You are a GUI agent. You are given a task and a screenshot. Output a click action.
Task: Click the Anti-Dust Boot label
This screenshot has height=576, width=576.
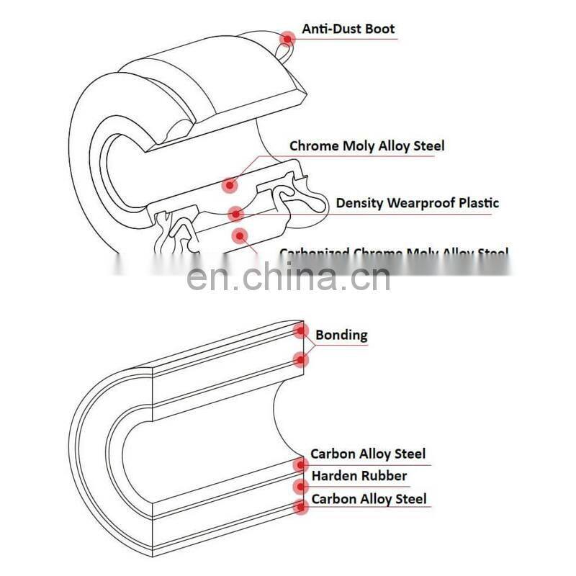pyautogui.click(x=348, y=29)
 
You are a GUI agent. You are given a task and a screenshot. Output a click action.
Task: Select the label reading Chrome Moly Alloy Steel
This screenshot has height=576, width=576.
pyautogui.click(x=367, y=146)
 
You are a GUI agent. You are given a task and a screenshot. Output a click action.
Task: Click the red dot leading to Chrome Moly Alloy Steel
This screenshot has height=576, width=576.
pyautogui.click(x=230, y=185)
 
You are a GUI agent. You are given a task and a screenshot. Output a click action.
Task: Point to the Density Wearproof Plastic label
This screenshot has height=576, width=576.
pyautogui.click(x=418, y=203)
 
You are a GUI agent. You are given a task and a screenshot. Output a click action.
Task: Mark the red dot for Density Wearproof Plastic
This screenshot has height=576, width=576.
pyautogui.click(x=235, y=213)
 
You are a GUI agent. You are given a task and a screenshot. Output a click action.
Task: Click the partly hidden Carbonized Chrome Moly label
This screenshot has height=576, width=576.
pyautogui.click(x=394, y=253)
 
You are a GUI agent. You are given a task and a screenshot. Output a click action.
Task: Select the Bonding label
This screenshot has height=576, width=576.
pyautogui.click(x=341, y=335)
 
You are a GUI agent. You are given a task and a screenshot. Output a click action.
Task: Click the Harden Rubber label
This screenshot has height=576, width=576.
pyautogui.click(x=359, y=476)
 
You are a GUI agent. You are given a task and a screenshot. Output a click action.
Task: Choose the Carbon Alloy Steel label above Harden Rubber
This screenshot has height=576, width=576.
pyautogui.click(x=368, y=454)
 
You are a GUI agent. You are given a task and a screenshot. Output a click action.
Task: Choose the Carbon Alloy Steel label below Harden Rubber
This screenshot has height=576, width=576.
pyautogui.click(x=369, y=499)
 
